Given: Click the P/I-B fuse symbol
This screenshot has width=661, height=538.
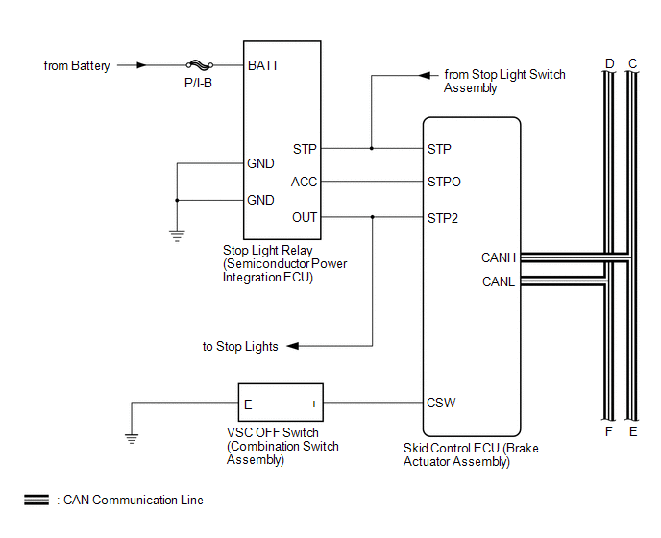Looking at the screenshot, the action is pos(200,65).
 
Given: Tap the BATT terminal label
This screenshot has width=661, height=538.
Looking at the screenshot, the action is pos(263,65).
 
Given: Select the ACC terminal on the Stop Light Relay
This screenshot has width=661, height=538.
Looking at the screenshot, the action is pos(304,182).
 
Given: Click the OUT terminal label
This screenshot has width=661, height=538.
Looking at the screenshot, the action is pos(305,217).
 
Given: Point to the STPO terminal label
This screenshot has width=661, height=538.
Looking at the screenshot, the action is pos(444,182).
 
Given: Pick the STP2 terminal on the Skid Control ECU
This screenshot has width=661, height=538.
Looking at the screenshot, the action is pos(443,218).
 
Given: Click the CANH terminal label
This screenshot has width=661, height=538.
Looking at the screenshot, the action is pos(499,257).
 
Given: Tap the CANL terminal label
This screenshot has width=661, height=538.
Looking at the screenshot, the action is pos(499,281).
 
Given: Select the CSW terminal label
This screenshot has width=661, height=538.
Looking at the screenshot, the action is pos(441,403).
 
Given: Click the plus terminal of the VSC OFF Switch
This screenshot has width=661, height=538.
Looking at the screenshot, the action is pos(314,403).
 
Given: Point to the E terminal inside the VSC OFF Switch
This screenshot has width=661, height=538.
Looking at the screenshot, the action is pos(248,404).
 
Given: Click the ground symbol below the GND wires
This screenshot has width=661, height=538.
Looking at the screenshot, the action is pos(177,235).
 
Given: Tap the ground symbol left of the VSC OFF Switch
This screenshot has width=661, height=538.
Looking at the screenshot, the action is pos(132,438).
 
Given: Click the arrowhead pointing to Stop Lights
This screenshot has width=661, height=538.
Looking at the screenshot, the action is pos(293,346).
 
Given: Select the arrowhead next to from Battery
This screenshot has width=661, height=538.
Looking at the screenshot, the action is pos(141,65).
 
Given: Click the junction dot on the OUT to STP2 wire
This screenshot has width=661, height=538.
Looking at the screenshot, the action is pos(372,217).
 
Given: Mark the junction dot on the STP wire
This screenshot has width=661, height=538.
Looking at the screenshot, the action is pos(372,148).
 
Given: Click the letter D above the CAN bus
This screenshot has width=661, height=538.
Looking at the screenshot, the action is pos(609,63).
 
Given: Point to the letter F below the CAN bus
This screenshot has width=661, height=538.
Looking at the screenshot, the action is pos(608,431).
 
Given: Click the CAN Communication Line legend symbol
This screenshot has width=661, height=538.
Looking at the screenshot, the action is pos(37,500).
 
